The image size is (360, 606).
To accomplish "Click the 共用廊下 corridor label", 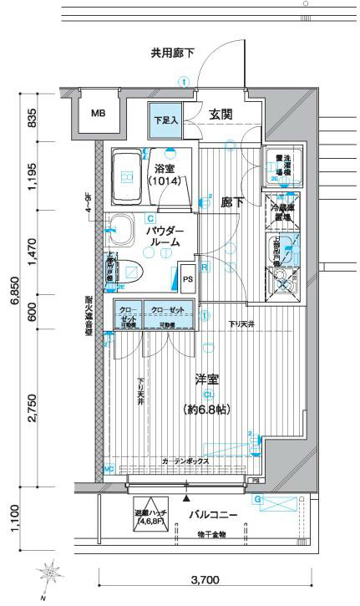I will [x=172, y=53].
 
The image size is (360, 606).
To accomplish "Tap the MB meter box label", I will [x=99, y=113].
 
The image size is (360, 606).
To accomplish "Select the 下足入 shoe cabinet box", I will [x=165, y=119].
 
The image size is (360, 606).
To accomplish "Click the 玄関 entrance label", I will [x=221, y=115].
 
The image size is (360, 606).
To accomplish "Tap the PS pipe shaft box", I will [x=187, y=278].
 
